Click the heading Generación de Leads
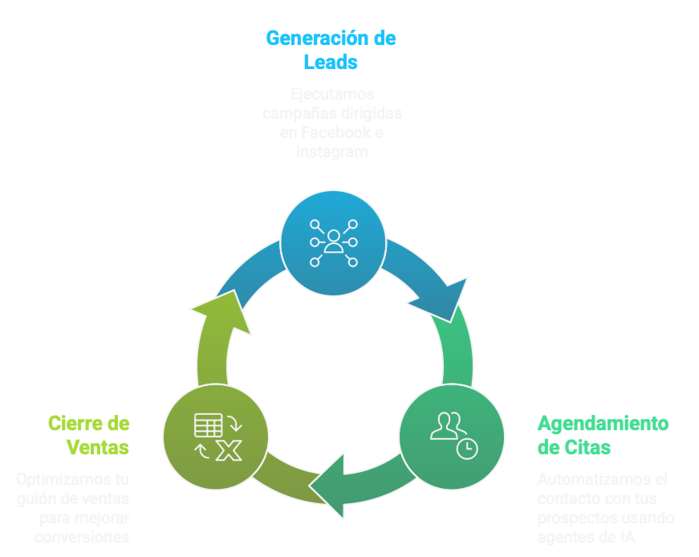[x=330, y=50]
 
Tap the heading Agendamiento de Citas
[x=602, y=435]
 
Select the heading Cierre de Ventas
[x=88, y=435]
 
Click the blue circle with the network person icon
[x=333, y=242]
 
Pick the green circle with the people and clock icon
[x=452, y=436]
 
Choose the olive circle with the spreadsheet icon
[x=215, y=437]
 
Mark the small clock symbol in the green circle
[x=466, y=449]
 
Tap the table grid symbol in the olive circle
[x=208, y=424]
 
